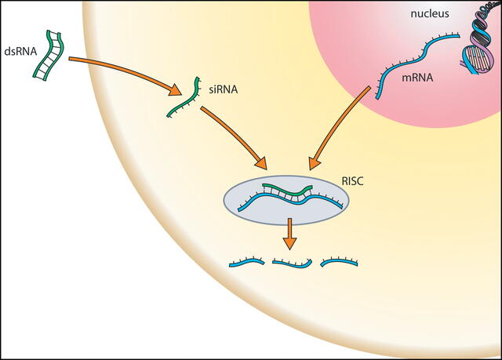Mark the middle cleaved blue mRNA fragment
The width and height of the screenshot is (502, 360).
coord(293,264)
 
